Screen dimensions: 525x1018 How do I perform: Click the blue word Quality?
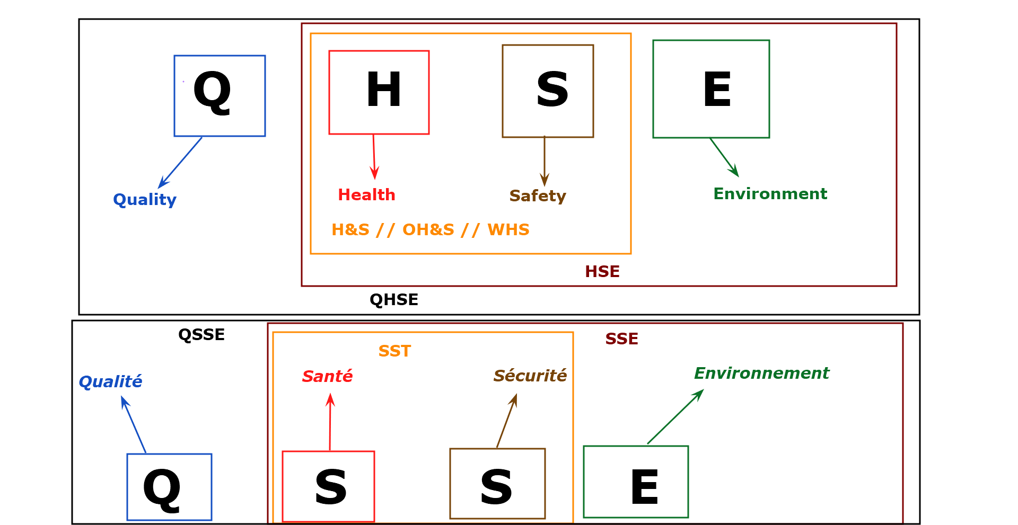point(145,200)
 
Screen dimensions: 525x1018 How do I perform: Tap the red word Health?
point(366,195)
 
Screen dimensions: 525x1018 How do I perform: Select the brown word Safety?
point(538,196)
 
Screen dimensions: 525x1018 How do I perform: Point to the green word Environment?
point(770,194)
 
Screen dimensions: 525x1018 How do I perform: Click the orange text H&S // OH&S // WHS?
point(430,229)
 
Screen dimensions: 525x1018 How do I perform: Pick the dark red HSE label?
point(602,272)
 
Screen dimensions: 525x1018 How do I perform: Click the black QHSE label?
point(394,300)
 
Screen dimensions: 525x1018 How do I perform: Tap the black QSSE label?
point(201,335)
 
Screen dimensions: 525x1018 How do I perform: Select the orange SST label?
point(394,351)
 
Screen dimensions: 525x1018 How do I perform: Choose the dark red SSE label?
point(621,339)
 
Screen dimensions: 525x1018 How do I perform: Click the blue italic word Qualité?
point(110,381)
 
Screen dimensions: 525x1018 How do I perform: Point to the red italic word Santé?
point(327,376)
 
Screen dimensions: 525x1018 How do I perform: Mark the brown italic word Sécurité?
point(530,376)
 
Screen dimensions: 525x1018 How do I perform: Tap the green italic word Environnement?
point(761,373)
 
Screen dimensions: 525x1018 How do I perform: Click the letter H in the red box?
point(383,90)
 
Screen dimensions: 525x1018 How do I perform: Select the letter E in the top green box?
point(717,90)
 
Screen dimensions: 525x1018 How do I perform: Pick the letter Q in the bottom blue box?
point(162,489)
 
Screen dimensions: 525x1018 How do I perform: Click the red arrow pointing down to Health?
point(374,157)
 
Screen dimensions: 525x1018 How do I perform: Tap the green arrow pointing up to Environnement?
point(675,417)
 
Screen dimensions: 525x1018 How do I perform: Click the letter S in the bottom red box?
point(330,487)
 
